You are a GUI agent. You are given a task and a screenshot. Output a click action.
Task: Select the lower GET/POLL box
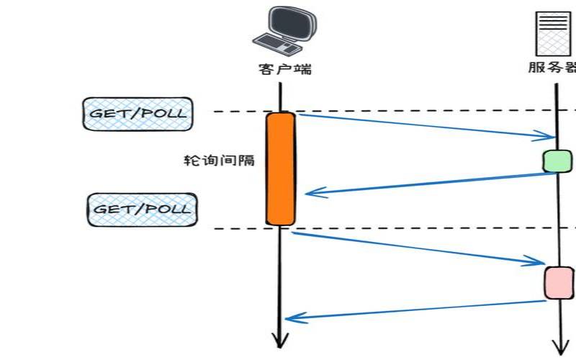pyautogui.click(x=142, y=210)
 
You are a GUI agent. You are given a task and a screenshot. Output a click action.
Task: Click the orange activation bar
pyautogui.click(x=281, y=168)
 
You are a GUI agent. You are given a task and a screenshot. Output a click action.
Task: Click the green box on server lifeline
pyautogui.click(x=557, y=161)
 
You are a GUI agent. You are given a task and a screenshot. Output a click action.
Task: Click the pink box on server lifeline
pyautogui.click(x=559, y=282)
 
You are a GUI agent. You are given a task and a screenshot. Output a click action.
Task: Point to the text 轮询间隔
pyautogui.click(x=219, y=160)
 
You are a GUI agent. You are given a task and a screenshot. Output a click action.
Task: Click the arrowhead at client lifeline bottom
pyautogui.click(x=279, y=340)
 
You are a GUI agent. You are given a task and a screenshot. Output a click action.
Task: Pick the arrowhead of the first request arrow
pyautogui.click(x=549, y=136)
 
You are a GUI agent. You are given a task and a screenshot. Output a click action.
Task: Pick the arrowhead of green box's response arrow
pyautogui.click(x=311, y=192)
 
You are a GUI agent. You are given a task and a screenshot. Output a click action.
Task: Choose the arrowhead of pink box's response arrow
pyautogui.click(x=291, y=318)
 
